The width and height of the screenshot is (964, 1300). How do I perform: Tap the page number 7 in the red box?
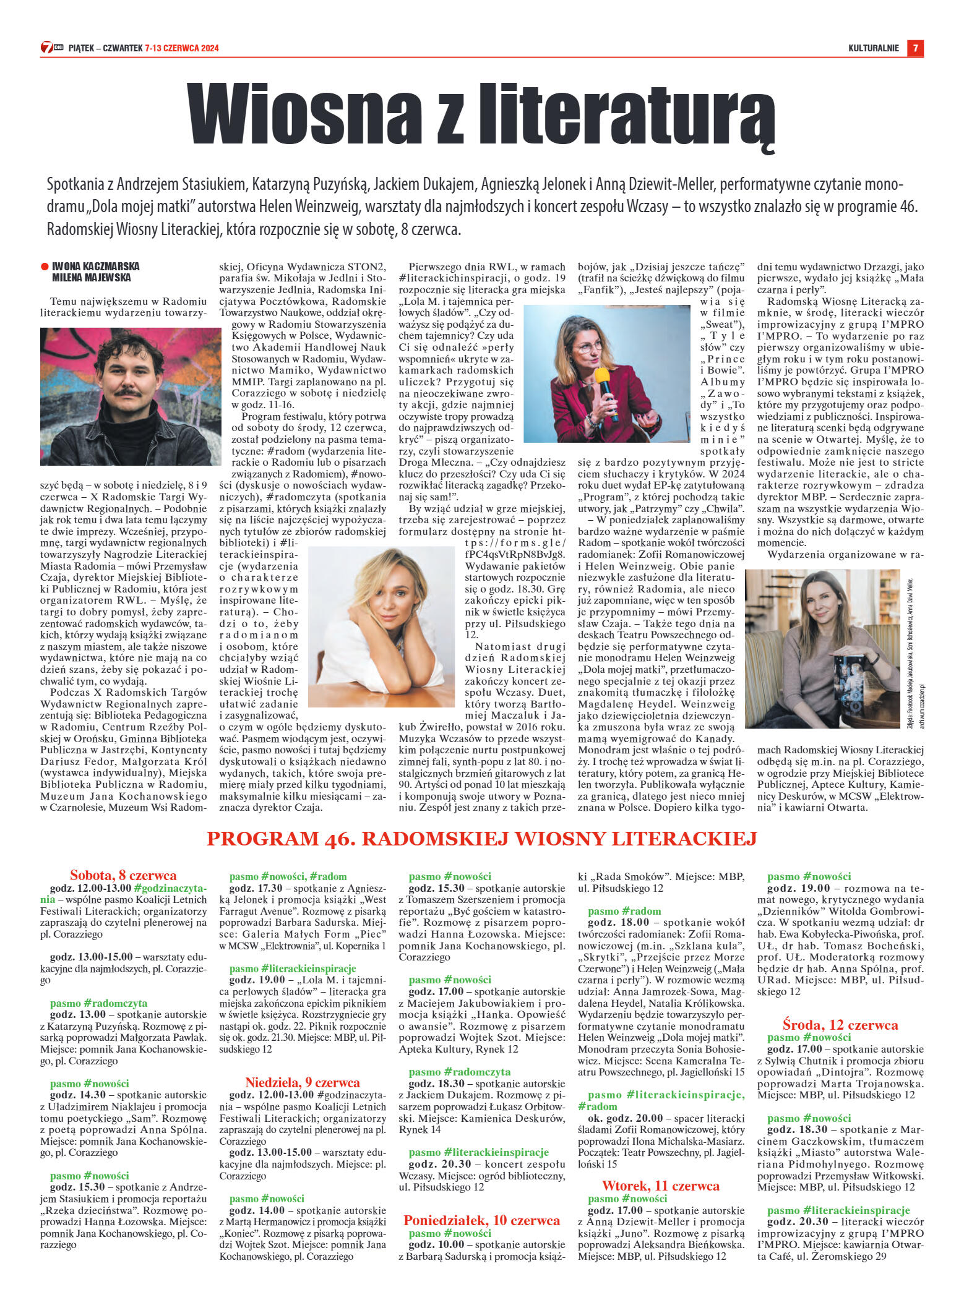[x=915, y=48]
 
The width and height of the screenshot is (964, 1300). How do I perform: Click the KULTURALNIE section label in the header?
[x=873, y=48]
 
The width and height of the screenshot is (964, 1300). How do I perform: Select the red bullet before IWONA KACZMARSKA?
[x=45, y=267]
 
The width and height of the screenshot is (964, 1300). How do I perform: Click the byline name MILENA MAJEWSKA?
[x=91, y=278]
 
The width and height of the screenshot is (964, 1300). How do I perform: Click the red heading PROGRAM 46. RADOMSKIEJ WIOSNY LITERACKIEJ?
[x=481, y=839]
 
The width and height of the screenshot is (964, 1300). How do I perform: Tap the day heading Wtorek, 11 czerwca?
[x=660, y=1186]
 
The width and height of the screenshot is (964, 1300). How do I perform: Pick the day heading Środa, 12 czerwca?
[x=840, y=1025]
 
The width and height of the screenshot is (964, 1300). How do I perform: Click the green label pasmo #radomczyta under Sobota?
[x=98, y=1003]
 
